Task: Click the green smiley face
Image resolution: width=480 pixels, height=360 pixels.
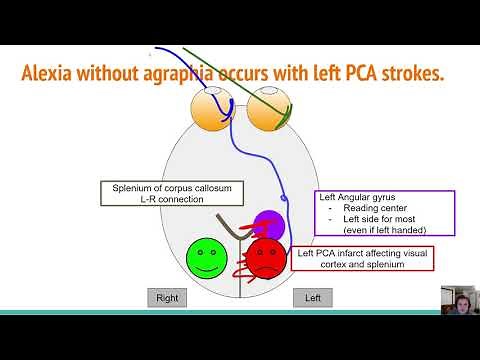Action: [x=207, y=258]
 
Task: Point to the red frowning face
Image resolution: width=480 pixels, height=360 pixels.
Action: [x=266, y=258]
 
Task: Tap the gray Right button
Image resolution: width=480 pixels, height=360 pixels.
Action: [x=167, y=297]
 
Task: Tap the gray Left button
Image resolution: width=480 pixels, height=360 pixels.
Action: [x=312, y=297]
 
